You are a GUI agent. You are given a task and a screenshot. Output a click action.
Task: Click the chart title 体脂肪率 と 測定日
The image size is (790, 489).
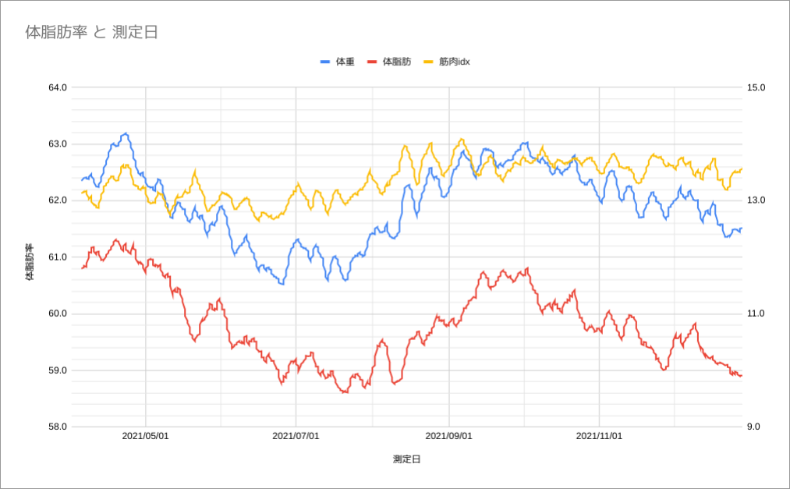pyautogui.click(x=92, y=33)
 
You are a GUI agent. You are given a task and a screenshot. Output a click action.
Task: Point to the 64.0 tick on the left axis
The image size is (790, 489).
pyautogui.click(x=58, y=87)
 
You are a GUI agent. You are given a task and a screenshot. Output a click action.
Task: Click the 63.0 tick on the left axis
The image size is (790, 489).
pyautogui.click(x=58, y=144)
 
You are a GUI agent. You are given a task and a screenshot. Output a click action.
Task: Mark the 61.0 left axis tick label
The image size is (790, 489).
pyautogui.click(x=58, y=257)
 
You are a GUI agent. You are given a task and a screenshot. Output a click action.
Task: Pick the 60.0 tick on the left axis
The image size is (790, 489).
pyautogui.click(x=58, y=314)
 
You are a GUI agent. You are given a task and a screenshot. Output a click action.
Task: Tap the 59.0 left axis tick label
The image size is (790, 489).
pyautogui.click(x=58, y=370)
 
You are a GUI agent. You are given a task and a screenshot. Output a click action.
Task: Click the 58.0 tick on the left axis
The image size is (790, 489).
pyautogui.click(x=58, y=427)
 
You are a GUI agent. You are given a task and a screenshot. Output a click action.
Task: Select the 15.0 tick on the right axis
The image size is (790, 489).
pyautogui.click(x=756, y=87)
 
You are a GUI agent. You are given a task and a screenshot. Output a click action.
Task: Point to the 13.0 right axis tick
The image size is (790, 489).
pyautogui.click(x=756, y=200)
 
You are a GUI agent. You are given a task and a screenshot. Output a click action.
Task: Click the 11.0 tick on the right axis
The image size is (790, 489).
pyautogui.click(x=756, y=314)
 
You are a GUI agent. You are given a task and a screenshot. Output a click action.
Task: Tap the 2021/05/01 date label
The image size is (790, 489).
pyautogui.click(x=146, y=437)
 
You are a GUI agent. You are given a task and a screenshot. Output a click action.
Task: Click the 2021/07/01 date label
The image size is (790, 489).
pyautogui.click(x=296, y=437)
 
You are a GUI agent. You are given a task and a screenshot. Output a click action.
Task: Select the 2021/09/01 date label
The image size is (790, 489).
pyautogui.click(x=449, y=437)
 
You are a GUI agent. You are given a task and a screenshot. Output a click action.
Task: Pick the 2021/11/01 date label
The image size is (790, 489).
pyautogui.click(x=599, y=437)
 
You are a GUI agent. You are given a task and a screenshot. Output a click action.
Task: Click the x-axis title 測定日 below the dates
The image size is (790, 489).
pyautogui.click(x=407, y=459)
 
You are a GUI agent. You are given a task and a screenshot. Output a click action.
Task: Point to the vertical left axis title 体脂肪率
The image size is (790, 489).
pyautogui.click(x=30, y=262)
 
